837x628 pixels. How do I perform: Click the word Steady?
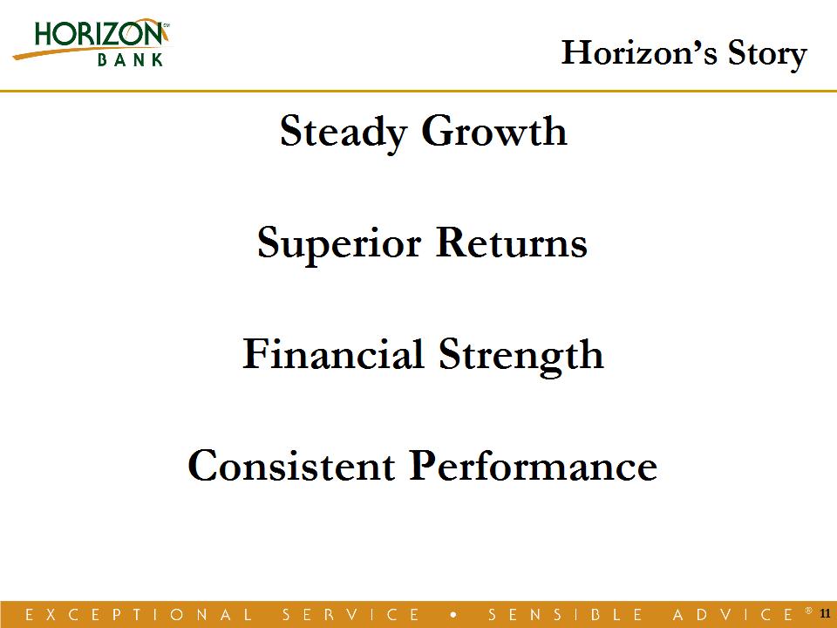(x=344, y=132)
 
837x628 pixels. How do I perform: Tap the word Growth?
(x=494, y=131)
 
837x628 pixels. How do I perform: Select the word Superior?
(x=339, y=244)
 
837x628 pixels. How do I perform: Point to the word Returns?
(x=512, y=242)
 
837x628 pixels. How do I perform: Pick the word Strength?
(x=521, y=356)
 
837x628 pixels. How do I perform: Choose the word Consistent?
(x=291, y=465)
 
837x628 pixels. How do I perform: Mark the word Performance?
(x=534, y=465)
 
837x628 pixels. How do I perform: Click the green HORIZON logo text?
(x=99, y=34)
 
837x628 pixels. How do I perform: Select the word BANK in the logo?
(x=130, y=59)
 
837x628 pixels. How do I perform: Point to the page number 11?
(x=825, y=613)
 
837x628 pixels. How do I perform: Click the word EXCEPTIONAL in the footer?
(x=139, y=615)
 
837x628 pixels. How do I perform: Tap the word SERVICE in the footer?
(x=350, y=615)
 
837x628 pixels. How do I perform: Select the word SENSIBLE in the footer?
(x=565, y=615)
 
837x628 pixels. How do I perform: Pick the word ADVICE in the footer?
(x=733, y=615)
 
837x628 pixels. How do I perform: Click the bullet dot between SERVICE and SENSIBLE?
(x=453, y=615)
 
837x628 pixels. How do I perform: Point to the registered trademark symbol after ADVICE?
(x=809, y=610)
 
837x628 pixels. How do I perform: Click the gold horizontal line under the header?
(x=418, y=92)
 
